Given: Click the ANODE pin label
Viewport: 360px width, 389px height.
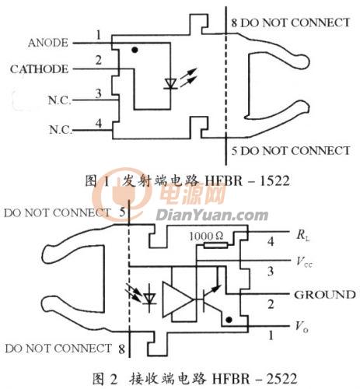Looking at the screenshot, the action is click(48, 43).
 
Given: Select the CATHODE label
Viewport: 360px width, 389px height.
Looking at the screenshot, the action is click(39, 69).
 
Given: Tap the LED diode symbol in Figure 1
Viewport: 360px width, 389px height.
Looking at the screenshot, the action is click(171, 83).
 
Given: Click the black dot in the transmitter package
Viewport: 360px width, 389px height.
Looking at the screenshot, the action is click(135, 50).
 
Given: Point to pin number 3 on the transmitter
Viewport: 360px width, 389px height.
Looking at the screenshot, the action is click(98, 93).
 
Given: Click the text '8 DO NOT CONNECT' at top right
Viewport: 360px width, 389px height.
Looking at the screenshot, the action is click(291, 23).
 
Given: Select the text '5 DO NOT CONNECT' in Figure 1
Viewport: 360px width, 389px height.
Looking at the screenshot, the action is click(291, 151).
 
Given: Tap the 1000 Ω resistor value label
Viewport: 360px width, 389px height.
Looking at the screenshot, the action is click(206, 237).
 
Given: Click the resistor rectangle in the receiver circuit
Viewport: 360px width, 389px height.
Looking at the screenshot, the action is click(215, 245).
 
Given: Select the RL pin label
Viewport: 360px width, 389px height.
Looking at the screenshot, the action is click(302, 236).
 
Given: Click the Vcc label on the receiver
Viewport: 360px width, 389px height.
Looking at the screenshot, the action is click(304, 262).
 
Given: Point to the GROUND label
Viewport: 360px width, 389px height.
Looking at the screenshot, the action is click(325, 295).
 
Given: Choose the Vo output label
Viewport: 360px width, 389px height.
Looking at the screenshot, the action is click(302, 327).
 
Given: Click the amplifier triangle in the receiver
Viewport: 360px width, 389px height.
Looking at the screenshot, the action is click(178, 300).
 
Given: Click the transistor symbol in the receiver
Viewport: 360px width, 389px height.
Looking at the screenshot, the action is click(211, 298).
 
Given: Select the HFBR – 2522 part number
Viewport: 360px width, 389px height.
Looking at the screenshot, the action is click(254, 379).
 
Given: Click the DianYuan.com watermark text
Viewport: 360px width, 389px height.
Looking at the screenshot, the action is click(212, 216).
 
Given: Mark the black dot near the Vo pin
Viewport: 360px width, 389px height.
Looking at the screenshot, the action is click(229, 320).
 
